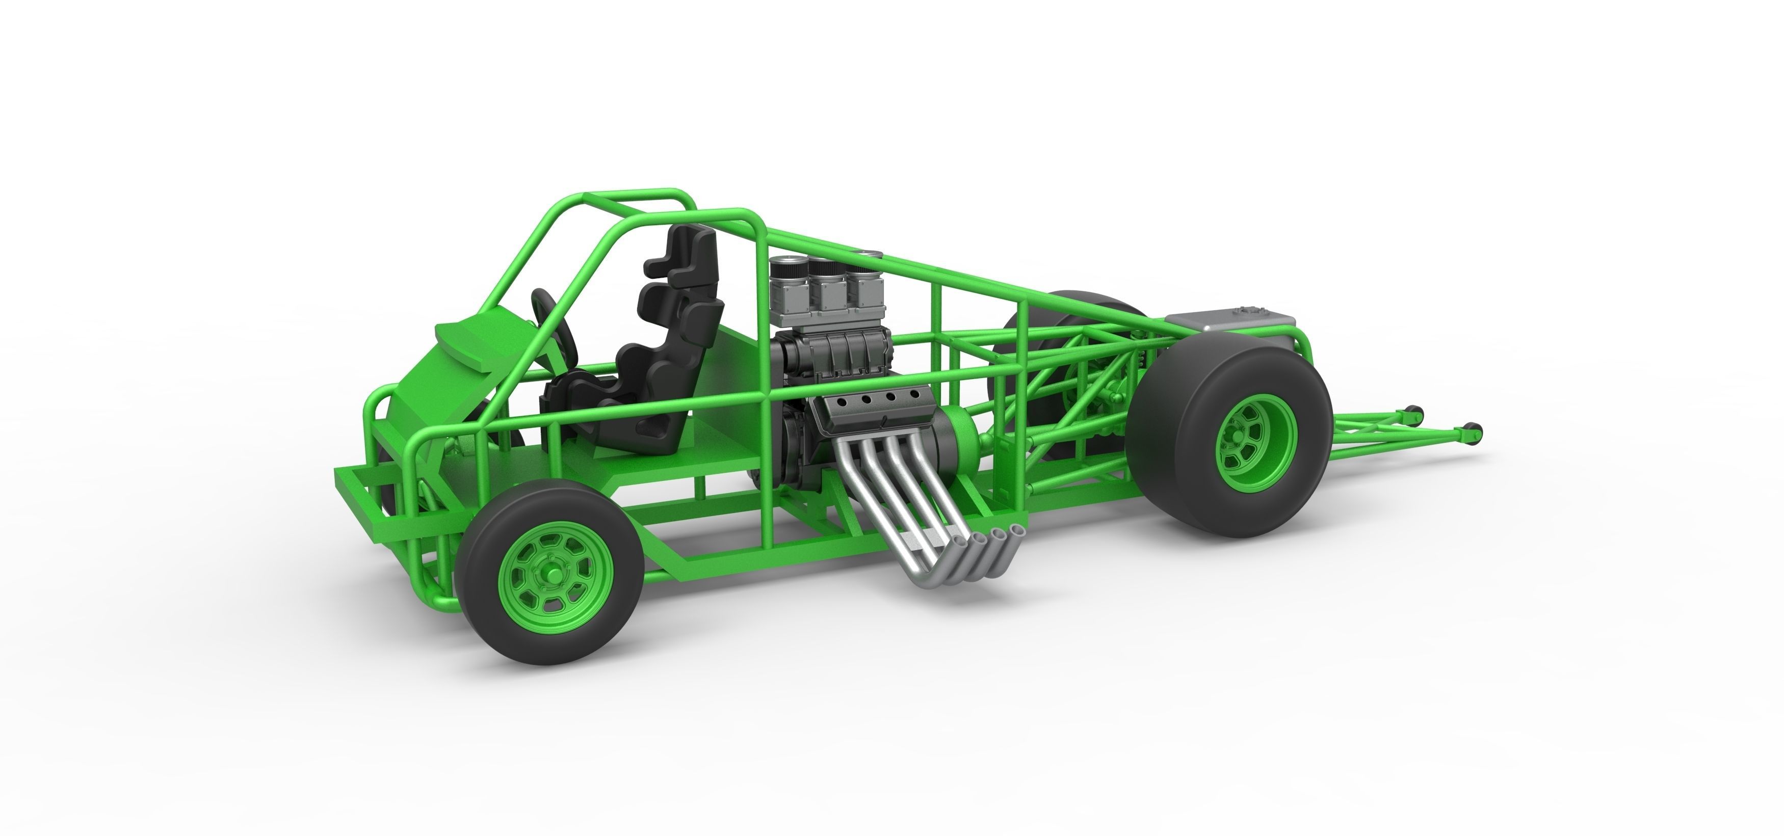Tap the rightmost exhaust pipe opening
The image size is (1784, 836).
(1017, 531)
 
